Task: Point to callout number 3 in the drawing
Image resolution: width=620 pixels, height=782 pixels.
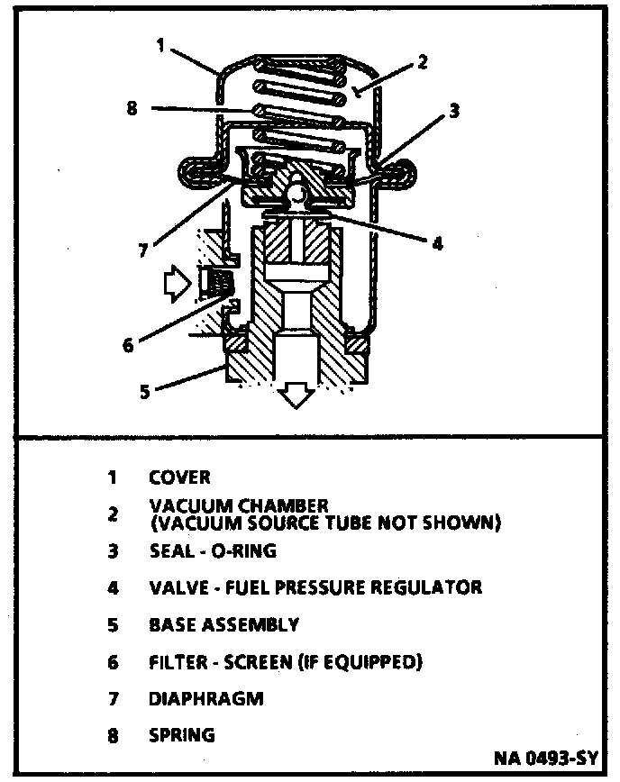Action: click(454, 112)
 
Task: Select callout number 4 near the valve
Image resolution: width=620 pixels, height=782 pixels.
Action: click(437, 242)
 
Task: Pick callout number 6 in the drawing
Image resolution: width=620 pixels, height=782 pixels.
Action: click(128, 344)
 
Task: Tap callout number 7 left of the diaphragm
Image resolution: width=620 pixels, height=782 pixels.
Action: click(142, 252)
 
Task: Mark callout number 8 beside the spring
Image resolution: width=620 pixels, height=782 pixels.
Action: click(132, 109)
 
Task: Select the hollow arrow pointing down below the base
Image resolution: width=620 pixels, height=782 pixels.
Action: click(295, 394)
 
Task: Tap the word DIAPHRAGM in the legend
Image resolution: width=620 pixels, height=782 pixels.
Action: click(206, 698)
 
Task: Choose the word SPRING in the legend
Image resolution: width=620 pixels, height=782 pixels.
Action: click(182, 734)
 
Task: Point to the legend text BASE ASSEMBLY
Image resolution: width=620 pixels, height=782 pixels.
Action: click(223, 624)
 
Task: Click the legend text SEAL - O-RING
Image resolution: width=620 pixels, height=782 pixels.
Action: click(213, 550)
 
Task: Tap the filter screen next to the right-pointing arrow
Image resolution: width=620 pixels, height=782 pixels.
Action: click(216, 284)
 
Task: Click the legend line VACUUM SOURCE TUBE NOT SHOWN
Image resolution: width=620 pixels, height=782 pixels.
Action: click(324, 523)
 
